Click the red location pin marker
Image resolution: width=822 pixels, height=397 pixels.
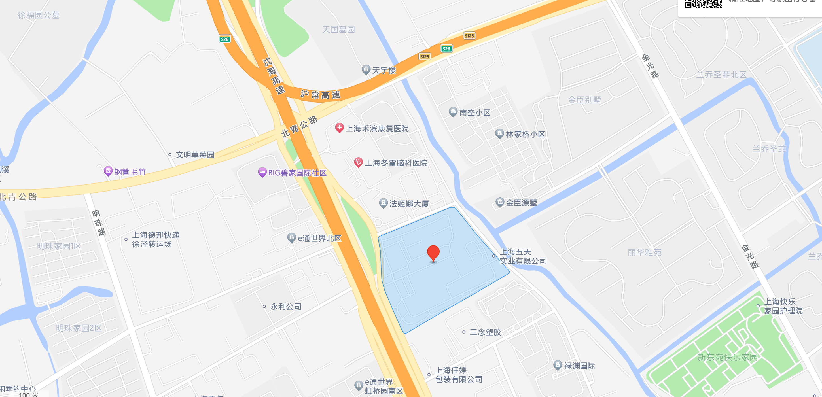433,253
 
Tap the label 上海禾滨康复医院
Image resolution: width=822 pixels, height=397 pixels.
377,129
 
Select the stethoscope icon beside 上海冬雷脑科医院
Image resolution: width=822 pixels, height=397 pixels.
358,162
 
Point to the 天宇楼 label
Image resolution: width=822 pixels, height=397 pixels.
384,70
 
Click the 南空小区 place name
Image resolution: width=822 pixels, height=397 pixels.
474,113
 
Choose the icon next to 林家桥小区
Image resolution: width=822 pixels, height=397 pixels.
499,134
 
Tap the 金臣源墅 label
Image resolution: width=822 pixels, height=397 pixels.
522,203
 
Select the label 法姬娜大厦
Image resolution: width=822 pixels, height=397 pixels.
409,204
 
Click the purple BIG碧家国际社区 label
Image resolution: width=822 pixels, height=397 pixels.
297,173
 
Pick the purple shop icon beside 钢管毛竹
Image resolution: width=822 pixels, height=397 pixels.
108,171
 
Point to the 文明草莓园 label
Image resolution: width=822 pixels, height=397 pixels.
195,155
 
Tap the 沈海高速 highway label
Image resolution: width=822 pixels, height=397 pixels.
274,76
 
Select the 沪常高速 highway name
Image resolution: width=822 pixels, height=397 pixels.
320,95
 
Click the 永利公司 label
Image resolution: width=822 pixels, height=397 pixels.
286,307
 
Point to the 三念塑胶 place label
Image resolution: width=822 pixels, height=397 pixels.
485,332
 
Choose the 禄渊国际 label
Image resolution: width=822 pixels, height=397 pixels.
579,366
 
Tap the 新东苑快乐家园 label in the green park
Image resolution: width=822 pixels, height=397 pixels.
727,357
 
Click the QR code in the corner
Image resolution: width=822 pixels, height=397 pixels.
703,4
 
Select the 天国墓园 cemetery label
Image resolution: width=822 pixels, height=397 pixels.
338,30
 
